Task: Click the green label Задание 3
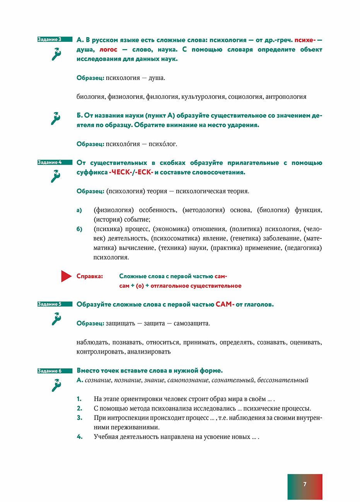(55, 39)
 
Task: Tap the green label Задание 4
(55, 162)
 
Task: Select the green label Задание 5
(55, 304)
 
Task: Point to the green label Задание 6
(55, 371)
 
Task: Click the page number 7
(305, 484)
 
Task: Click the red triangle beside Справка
(66, 276)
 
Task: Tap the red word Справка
(90, 276)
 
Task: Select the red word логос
(108, 49)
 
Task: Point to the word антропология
(286, 97)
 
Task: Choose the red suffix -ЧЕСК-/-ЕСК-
(131, 172)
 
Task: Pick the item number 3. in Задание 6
(79, 418)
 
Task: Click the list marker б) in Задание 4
(79, 229)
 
